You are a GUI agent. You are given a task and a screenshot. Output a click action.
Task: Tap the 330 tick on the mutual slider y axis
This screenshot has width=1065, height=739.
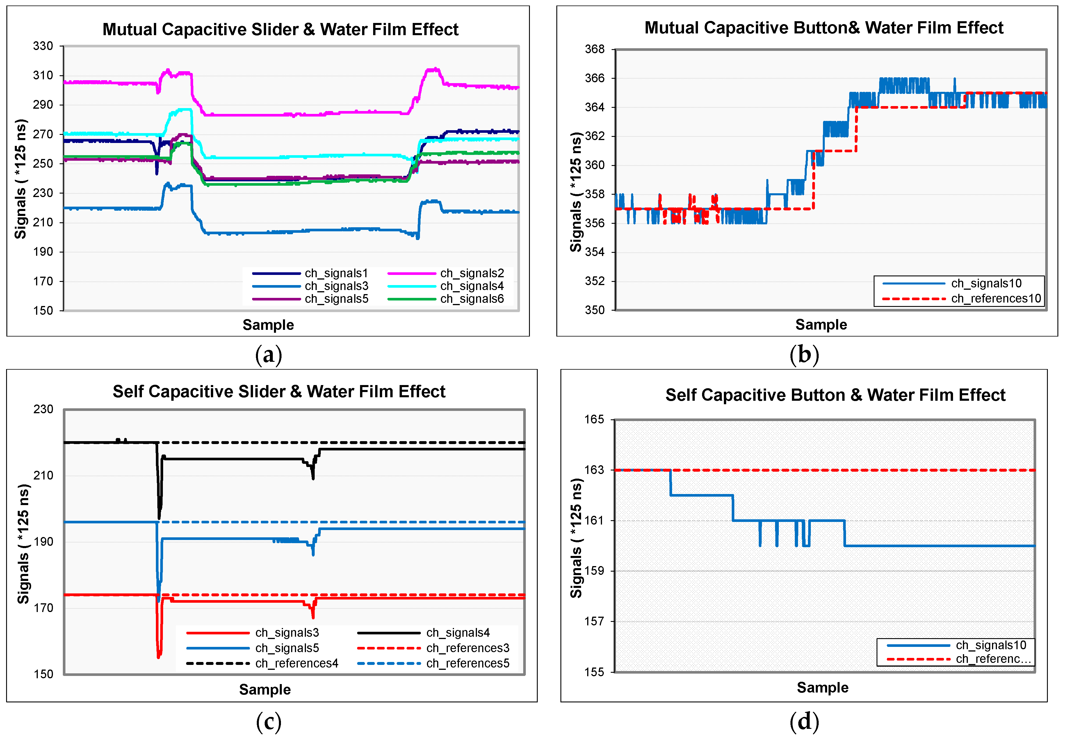pos(43,46)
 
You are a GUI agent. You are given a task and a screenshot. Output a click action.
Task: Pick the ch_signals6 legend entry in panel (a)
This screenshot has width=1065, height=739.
pos(472,299)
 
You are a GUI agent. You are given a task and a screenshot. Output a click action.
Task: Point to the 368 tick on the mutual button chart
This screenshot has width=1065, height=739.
pos(595,49)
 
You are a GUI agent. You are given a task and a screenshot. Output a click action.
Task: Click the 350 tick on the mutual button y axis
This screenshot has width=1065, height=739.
pos(595,310)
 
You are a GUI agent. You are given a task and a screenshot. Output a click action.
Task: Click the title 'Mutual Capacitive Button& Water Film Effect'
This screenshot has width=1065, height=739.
pos(824,28)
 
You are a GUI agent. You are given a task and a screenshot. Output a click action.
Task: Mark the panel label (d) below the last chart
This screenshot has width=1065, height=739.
pos(804,721)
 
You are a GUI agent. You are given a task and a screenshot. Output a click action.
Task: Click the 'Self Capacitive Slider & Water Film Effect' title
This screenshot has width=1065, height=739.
pos(279,392)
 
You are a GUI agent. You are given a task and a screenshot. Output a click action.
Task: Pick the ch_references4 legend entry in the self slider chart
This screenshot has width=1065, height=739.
pos(296,663)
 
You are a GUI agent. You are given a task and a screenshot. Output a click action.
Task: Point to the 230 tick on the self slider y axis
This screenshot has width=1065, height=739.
pos(43,409)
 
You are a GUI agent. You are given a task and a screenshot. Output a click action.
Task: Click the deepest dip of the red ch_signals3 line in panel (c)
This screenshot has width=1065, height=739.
pos(158,656)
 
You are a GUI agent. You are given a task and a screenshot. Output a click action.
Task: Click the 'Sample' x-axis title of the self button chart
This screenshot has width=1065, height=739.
pos(822,688)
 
